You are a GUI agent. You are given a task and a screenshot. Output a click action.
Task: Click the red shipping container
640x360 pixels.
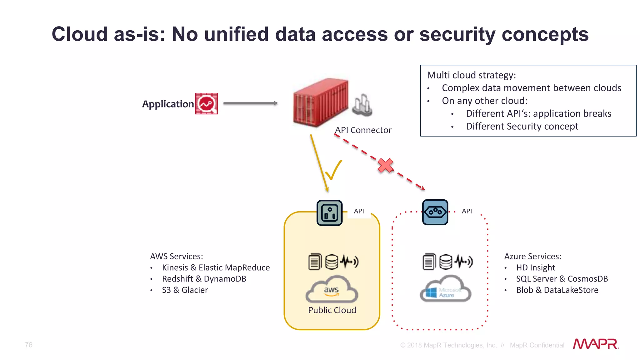(x=320, y=102)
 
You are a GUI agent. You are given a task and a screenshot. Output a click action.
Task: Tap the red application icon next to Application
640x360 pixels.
(x=206, y=103)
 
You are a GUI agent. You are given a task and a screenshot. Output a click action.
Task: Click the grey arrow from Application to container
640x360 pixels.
(x=250, y=103)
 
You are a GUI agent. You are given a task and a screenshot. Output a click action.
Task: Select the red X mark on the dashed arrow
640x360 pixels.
(x=385, y=166)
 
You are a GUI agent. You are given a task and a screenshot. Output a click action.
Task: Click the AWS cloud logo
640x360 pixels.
(x=332, y=290)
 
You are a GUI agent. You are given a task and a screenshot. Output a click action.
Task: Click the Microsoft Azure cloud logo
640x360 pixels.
(x=446, y=290)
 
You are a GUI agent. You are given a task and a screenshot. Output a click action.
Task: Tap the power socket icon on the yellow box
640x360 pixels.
(x=329, y=213)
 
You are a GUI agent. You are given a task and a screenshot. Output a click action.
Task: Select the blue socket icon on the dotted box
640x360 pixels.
(x=435, y=212)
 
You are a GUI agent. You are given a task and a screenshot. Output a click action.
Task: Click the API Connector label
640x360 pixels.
(x=363, y=130)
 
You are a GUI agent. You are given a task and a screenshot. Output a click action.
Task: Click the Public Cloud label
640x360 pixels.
(x=332, y=310)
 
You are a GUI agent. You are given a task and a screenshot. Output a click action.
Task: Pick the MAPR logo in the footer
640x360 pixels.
(x=596, y=344)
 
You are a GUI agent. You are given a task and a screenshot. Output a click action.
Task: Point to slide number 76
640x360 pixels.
(x=28, y=345)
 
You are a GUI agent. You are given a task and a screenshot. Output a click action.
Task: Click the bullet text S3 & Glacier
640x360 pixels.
(x=185, y=290)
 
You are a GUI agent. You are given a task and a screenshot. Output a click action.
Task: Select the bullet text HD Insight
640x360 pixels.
(x=535, y=267)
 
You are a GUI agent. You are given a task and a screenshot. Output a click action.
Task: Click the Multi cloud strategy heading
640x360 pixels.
(x=471, y=75)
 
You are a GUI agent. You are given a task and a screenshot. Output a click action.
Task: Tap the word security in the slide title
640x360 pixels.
(x=457, y=34)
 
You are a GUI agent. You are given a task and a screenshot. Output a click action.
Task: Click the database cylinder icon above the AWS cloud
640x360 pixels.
(x=332, y=262)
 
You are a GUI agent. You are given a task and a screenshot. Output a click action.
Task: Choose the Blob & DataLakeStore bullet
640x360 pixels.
(x=557, y=290)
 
